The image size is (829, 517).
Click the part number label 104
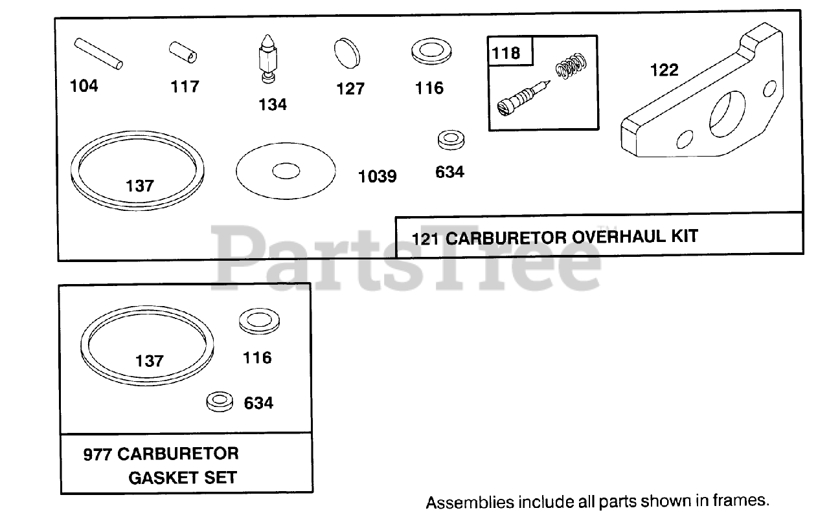(x=84, y=85)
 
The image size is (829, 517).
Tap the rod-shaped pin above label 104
(x=97, y=54)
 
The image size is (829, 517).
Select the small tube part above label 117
(x=184, y=52)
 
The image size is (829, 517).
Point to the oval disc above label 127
(x=348, y=52)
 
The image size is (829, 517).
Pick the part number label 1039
(x=377, y=175)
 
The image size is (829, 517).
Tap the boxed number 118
(x=506, y=52)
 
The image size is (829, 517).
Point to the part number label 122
(x=664, y=70)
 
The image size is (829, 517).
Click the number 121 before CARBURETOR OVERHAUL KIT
(x=426, y=237)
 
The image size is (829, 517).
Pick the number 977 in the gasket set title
(x=98, y=454)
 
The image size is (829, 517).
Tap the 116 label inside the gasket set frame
(x=257, y=357)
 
